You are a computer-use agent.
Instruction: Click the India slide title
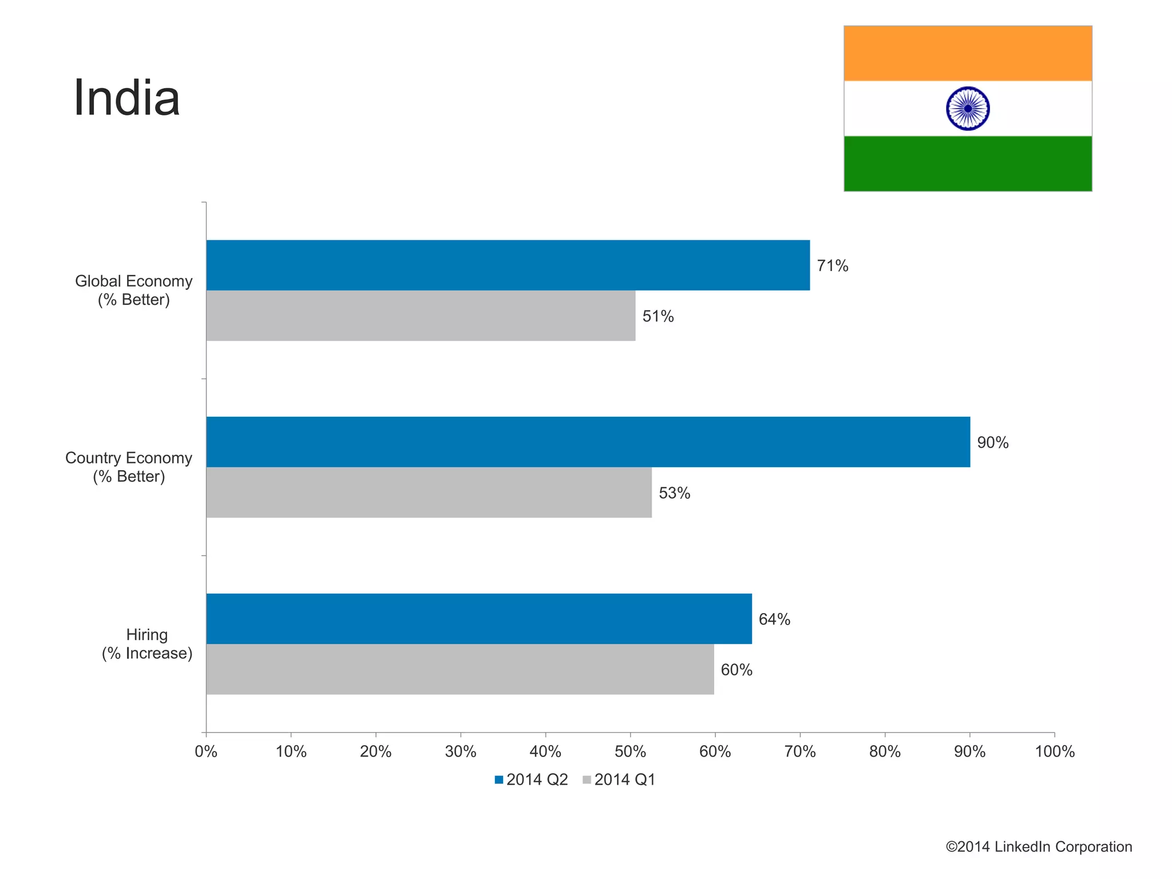point(126,98)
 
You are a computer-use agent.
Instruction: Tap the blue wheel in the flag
point(967,108)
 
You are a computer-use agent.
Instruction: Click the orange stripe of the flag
point(967,53)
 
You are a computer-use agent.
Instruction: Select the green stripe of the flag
point(967,163)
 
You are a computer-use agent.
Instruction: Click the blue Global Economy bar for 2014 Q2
point(508,265)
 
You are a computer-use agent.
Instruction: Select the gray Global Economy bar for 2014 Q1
point(421,316)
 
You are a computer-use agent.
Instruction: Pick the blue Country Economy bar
point(588,442)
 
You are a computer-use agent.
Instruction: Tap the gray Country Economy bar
point(429,492)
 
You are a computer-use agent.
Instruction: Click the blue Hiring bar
point(478,618)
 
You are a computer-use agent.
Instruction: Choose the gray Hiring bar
point(460,669)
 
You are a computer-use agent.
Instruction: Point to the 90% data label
point(992,443)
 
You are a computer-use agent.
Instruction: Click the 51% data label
point(658,316)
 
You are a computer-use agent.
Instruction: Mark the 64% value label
point(774,619)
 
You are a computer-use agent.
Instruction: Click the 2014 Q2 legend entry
point(531,779)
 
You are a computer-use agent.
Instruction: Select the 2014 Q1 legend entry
point(619,779)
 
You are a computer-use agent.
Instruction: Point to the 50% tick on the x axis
point(630,751)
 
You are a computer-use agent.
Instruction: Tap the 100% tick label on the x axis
point(1054,751)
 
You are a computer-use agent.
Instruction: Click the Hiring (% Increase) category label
point(147,644)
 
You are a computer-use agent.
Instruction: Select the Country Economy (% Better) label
point(129,467)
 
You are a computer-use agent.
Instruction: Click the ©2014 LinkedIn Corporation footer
point(1038,846)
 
